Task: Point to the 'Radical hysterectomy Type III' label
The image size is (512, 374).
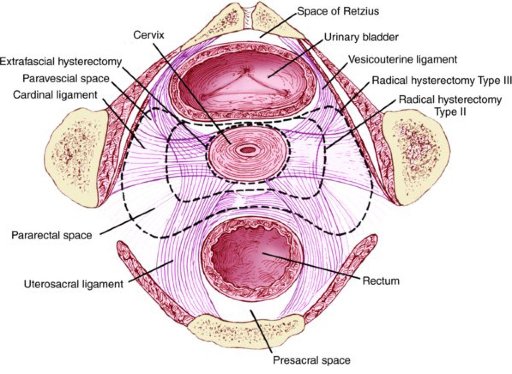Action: pyautogui.click(x=442, y=81)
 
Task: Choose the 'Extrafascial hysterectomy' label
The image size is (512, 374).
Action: pyautogui.click(x=60, y=62)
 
